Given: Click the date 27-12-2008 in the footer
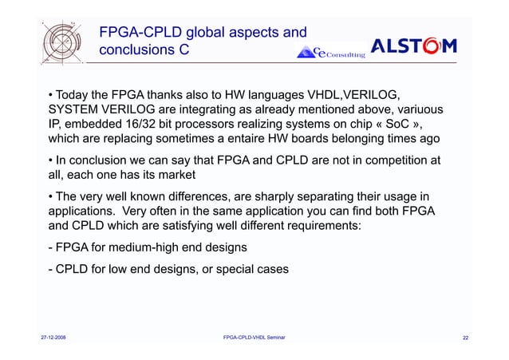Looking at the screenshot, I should (x=54, y=338).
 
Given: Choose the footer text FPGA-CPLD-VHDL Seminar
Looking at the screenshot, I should (x=255, y=338).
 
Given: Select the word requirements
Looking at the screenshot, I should (x=320, y=231).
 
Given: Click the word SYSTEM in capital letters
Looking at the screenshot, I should (x=74, y=110).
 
